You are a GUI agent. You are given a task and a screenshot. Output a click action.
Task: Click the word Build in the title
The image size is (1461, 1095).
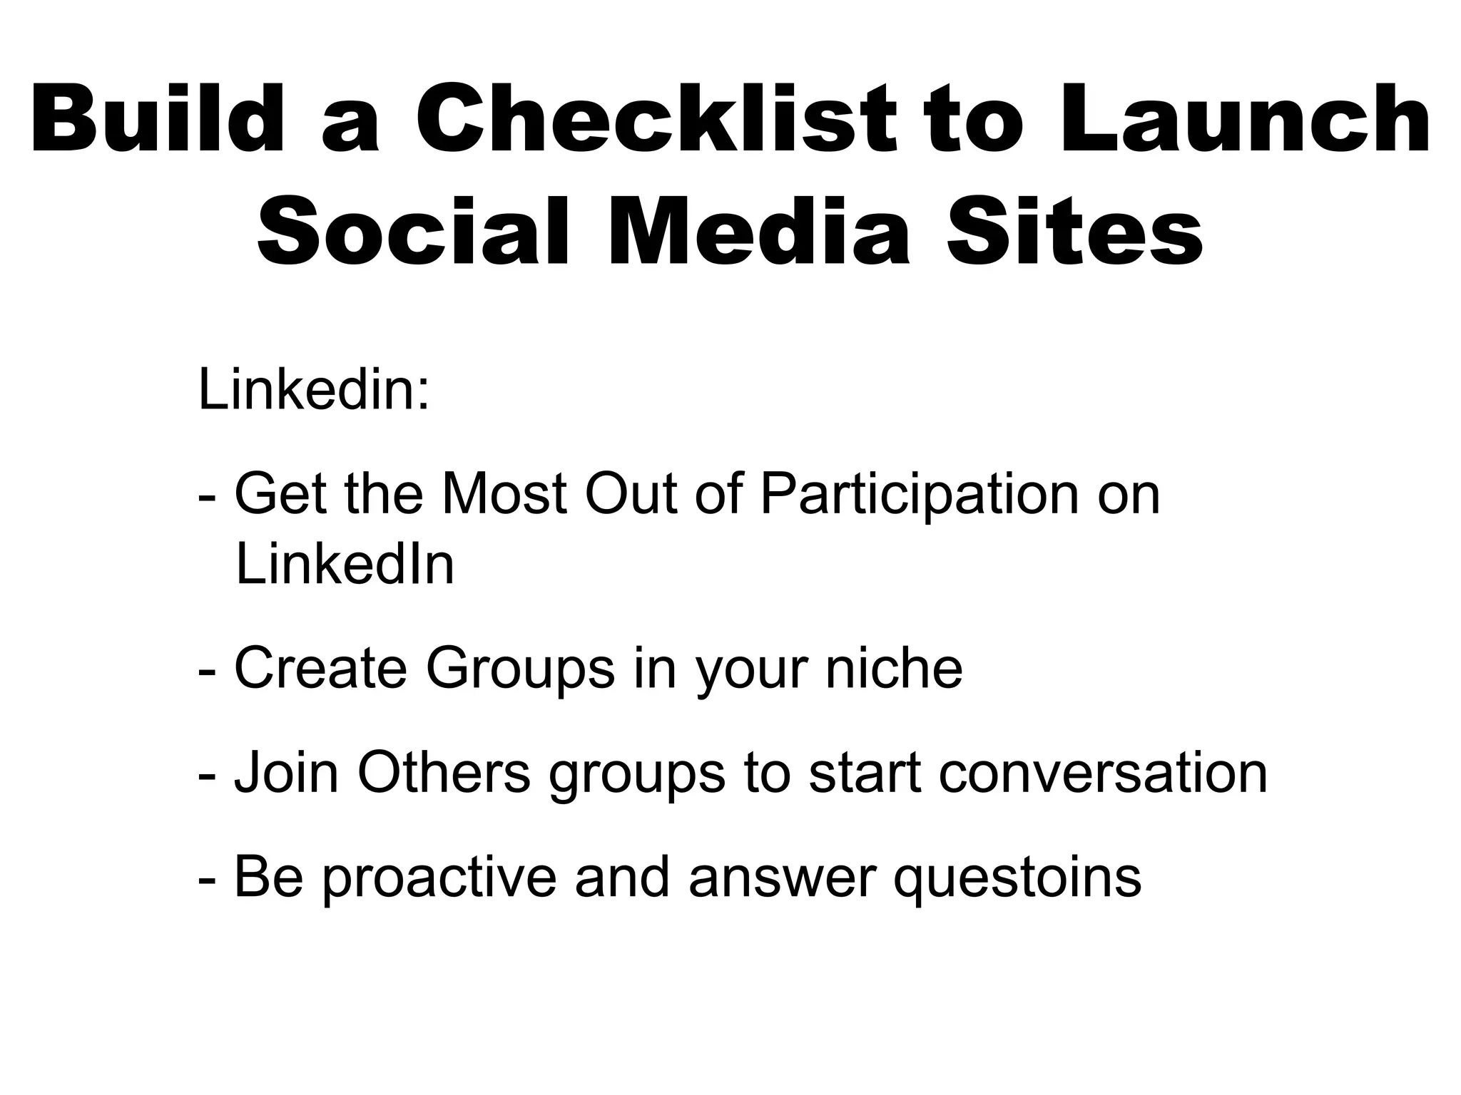(157, 118)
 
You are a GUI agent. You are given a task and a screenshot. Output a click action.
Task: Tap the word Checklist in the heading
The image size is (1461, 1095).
(655, 118)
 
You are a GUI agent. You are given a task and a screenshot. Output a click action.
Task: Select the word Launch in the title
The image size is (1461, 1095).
(1245, 118)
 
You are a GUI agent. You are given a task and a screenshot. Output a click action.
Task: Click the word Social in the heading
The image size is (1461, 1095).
(414, 233)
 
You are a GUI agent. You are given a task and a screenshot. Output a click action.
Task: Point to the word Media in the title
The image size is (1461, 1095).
(760, 233)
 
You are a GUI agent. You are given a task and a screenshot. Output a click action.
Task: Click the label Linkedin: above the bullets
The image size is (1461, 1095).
(314, 391)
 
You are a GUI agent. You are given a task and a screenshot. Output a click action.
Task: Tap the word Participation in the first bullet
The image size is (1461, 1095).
(920, 495)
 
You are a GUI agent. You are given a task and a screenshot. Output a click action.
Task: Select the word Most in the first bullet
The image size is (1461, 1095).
(504, 494)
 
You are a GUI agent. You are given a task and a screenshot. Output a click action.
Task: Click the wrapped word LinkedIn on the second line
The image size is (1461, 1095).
(345, 565)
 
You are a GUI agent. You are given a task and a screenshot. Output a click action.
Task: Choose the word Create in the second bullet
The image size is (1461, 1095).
(320, 669)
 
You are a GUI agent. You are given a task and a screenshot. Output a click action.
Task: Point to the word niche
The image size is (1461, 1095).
(894, 669)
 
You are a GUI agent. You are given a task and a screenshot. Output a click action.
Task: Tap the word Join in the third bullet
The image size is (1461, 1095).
(286, 773)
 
